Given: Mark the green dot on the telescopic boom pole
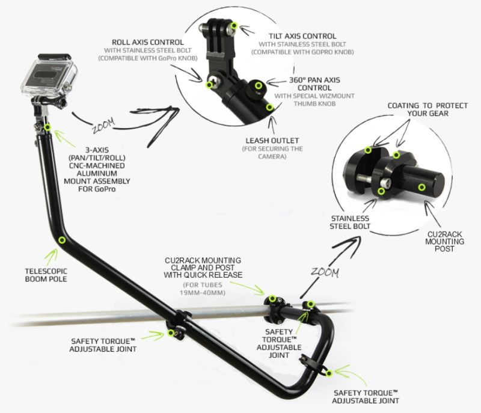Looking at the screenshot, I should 61,239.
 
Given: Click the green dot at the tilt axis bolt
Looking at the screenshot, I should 234,25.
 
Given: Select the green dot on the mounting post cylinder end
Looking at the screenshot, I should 422,188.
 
